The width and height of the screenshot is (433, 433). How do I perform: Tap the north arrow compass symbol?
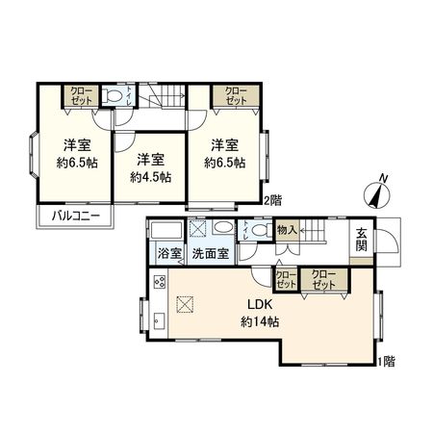pos(377,192)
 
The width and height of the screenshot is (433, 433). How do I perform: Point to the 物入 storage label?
pos(287,231)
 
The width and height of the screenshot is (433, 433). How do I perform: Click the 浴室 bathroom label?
pos(165,256)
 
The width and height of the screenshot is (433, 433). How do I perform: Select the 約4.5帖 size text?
pos(150,177)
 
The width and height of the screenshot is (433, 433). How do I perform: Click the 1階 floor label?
pos(386,362)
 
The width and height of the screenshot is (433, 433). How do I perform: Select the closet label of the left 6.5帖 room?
pos(79,96)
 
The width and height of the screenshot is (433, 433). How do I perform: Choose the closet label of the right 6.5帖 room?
pos(235,96)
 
